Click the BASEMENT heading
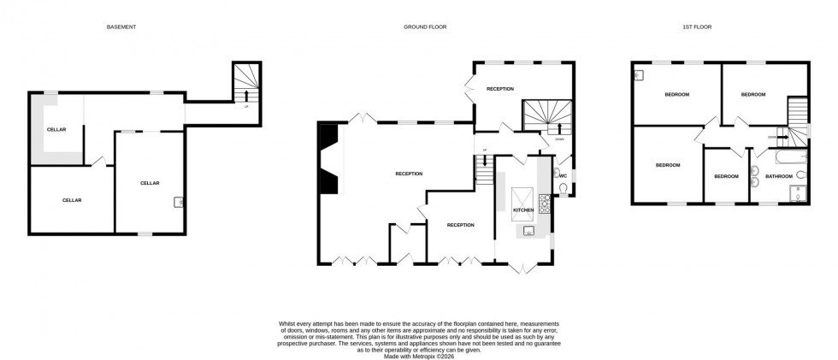click(x=121, y=27)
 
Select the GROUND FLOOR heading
click(x=425, y=27)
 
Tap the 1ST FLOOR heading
click(x=696, y=27)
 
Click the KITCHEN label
click(x=523, y=210)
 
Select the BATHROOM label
click(x=778, y=177)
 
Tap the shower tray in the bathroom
click(x=799, y=193)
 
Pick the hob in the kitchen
click(x=543, y=205)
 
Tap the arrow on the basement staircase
click(x=246, y=96)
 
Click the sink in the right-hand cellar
click(x=178, y=203)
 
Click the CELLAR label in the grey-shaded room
click(x=56, y=129)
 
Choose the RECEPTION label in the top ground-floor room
click(x=500, y=89)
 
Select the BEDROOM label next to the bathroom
click(x=726, y=177)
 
